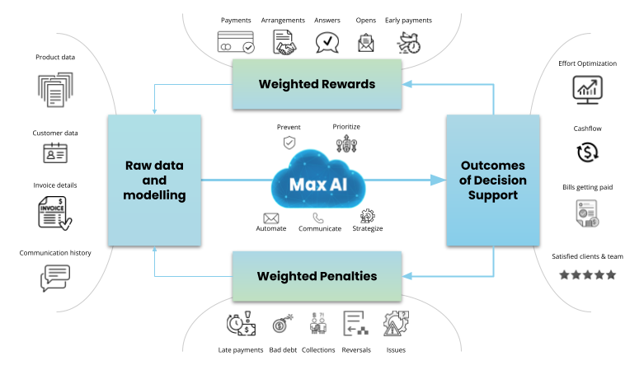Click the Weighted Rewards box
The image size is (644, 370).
[x=317, y=84]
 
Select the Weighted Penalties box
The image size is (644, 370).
[x=317, y=276]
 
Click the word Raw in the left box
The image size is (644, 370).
[x=138, y=166]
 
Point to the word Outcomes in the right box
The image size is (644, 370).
[x=493, y=166]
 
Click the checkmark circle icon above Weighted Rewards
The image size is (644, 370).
[x=248, y=48]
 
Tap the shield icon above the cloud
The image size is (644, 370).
[x=289, y=143]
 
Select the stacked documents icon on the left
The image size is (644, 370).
[x=55, y=90]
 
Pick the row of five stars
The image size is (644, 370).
[x=587, y=275]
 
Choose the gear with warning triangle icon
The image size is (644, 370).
[x=396, y=322]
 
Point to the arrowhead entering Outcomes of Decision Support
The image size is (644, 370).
[x=440, y=180]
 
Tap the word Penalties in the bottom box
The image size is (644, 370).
[x=346, y=276]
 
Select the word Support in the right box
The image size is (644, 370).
[x=493, y=195]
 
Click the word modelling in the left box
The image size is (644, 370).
[x=154, y=195]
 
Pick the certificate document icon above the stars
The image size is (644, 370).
[x=586, y=213]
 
